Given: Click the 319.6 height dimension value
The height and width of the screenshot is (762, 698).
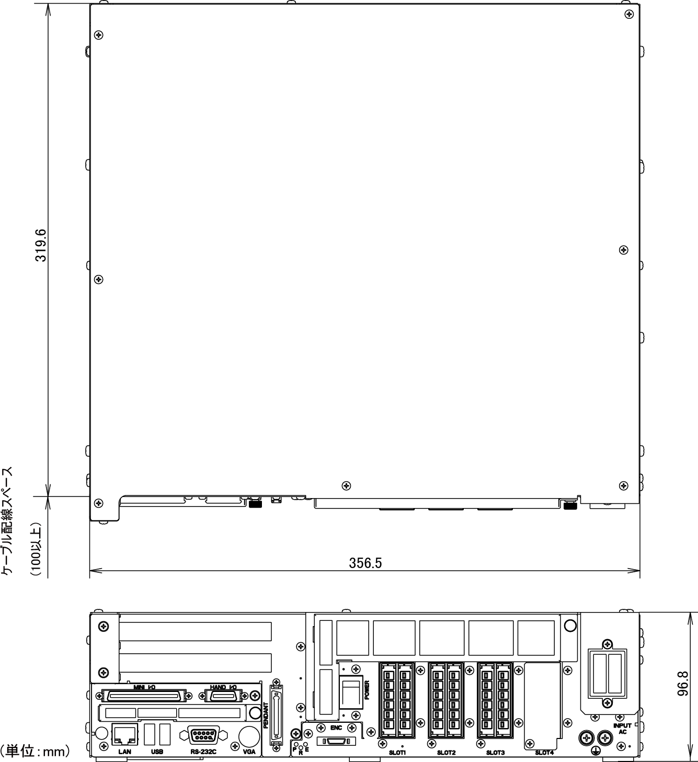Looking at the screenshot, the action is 41,246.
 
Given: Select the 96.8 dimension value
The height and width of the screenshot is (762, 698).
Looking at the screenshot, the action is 683,684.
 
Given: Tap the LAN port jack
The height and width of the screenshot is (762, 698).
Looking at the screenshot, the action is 124,734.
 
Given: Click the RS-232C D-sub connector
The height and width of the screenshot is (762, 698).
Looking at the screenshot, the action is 204,735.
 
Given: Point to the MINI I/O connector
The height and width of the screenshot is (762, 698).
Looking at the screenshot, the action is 144,696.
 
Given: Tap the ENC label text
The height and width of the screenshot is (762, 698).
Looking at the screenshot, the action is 336,728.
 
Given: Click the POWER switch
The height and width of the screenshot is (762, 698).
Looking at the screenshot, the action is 351,692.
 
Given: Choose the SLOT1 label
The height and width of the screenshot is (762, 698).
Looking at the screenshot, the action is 397,753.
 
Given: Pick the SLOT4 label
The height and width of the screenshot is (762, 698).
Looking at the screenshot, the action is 544,753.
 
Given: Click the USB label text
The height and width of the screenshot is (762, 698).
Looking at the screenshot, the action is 157,752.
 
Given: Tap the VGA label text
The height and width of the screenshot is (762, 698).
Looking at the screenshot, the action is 249,752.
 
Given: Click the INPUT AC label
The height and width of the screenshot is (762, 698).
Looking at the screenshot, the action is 622,729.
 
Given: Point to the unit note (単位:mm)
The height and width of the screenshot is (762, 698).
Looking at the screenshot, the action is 36,751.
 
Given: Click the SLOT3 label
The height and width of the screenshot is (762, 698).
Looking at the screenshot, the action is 495,753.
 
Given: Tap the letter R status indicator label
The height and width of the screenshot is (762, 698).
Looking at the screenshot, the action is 300,753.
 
